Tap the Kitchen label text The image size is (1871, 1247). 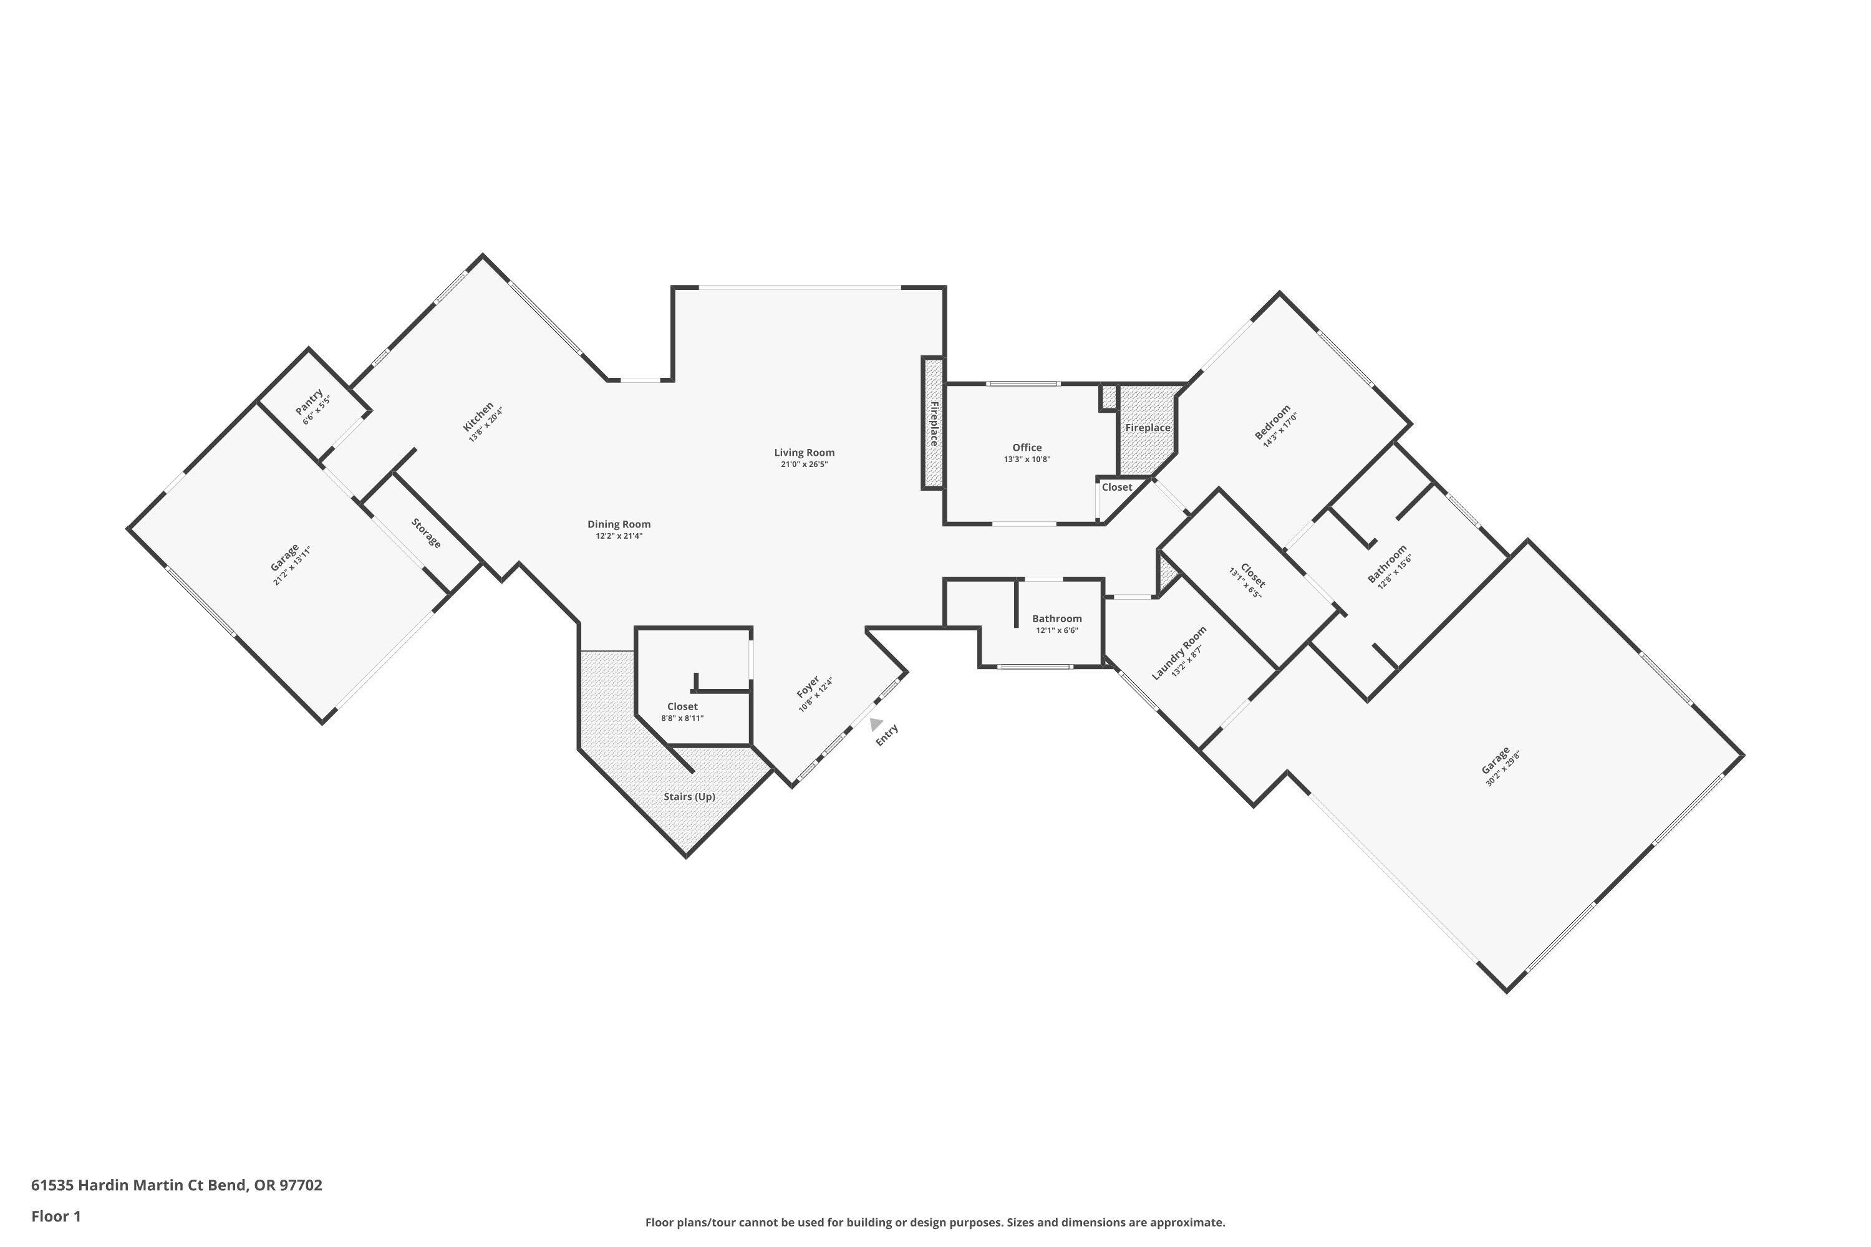click(479, 416)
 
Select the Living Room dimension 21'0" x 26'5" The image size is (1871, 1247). click(805, 465)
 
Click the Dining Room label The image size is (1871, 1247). click(619, 524)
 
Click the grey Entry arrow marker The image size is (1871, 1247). click(875, 724)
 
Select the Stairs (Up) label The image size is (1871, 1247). click(689, 796)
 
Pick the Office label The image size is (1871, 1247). click(1027, 448)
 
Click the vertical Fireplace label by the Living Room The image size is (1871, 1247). click(934, 423)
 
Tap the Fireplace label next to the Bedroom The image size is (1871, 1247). click(1147, 428)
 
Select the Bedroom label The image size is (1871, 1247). click(1272, 422)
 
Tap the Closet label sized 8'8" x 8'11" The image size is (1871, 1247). click(682, 706)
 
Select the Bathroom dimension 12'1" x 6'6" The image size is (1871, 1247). click(1056, 630)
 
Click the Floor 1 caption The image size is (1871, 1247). click(56, 1216)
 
